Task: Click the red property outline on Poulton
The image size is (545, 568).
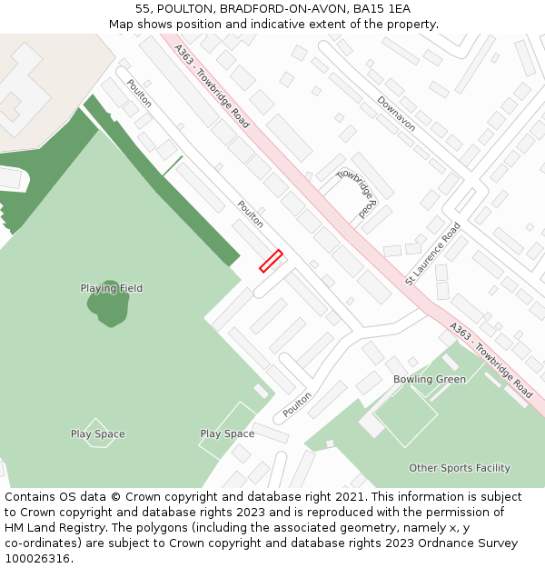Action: pyautogui.click(x=271, y=261)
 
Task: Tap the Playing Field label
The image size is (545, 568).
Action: pyautogui.click(x=112, y=288)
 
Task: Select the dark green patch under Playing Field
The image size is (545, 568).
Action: pyautogui.click(x=109, y=305)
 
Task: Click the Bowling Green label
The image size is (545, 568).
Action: pyautogui.click(x=430, y=379)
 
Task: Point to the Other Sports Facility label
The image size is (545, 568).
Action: pyautogui.click(x=460, y=468)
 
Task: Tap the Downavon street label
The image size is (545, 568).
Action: pyautogui.click(x=396, y=114)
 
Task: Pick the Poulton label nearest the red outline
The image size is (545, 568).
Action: pyautogui.click(x=250, y=214)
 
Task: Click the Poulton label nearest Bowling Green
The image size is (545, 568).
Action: pyautogui.click(x=297, y=404)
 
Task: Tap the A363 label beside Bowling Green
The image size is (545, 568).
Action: pyautogui.click(x=491, y=361)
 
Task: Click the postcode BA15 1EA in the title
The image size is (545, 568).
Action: pyautogui.click(x=381, y=8)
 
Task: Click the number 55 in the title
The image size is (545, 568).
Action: pyautogui.click(x=143, y=8)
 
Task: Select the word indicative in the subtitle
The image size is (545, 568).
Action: pyautogui.click(x=299, y=24)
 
